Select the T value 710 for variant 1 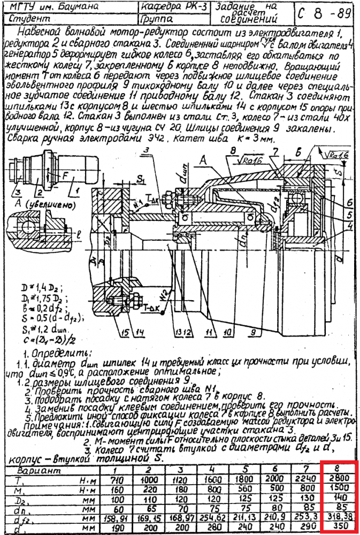pyautogui.click(x=119, y=480)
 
